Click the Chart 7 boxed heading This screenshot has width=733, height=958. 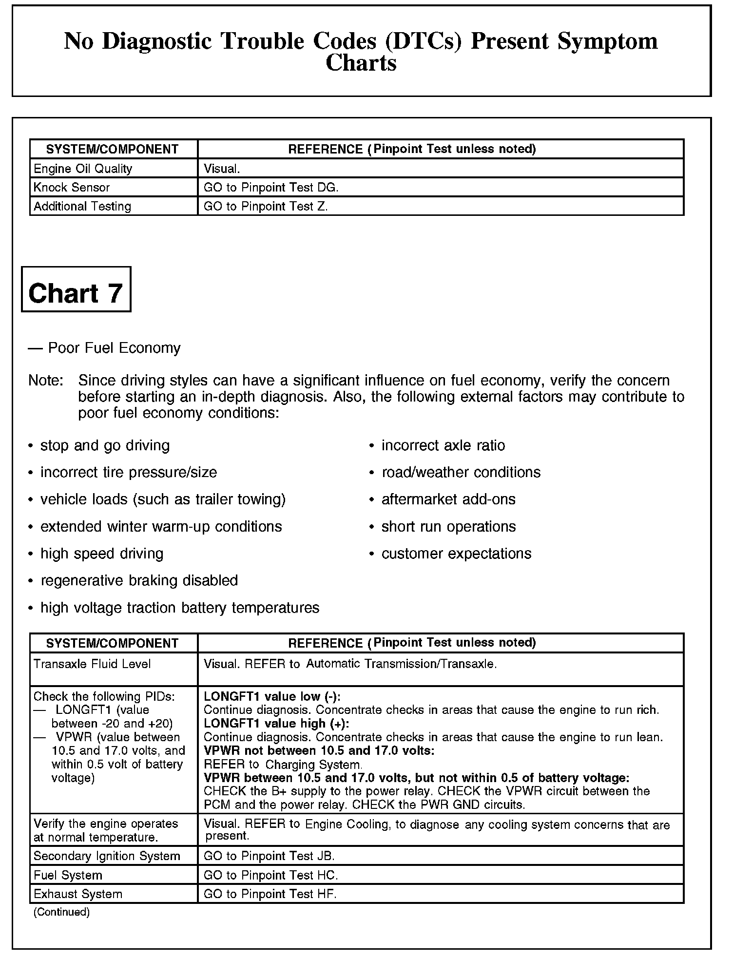tap(76, 293)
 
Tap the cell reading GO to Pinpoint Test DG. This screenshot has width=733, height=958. tap(270, 188)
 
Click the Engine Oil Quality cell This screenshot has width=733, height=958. tap(83, 169)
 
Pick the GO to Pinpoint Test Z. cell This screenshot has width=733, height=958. tap(266, 207)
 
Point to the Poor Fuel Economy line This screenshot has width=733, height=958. tap(104, 348)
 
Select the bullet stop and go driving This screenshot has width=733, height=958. tap(105, 445)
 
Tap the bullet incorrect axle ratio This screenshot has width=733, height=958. tap(443, 445)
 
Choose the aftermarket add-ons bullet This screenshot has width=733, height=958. tap(448, 499)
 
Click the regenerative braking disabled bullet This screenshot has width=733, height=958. tap(139, 580)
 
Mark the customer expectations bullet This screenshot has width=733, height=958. tap(456, 554)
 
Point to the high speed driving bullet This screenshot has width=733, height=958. tap(102, 554)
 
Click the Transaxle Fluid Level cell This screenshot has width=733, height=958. tap(92, 664)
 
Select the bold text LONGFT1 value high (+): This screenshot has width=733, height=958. tap(276, 723)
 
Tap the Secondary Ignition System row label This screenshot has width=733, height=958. tap(107, 856)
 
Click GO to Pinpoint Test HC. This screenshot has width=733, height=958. tap(270, 875)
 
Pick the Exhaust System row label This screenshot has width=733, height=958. tap(78, 894)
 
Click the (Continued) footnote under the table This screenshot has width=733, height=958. tap(61, 912)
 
